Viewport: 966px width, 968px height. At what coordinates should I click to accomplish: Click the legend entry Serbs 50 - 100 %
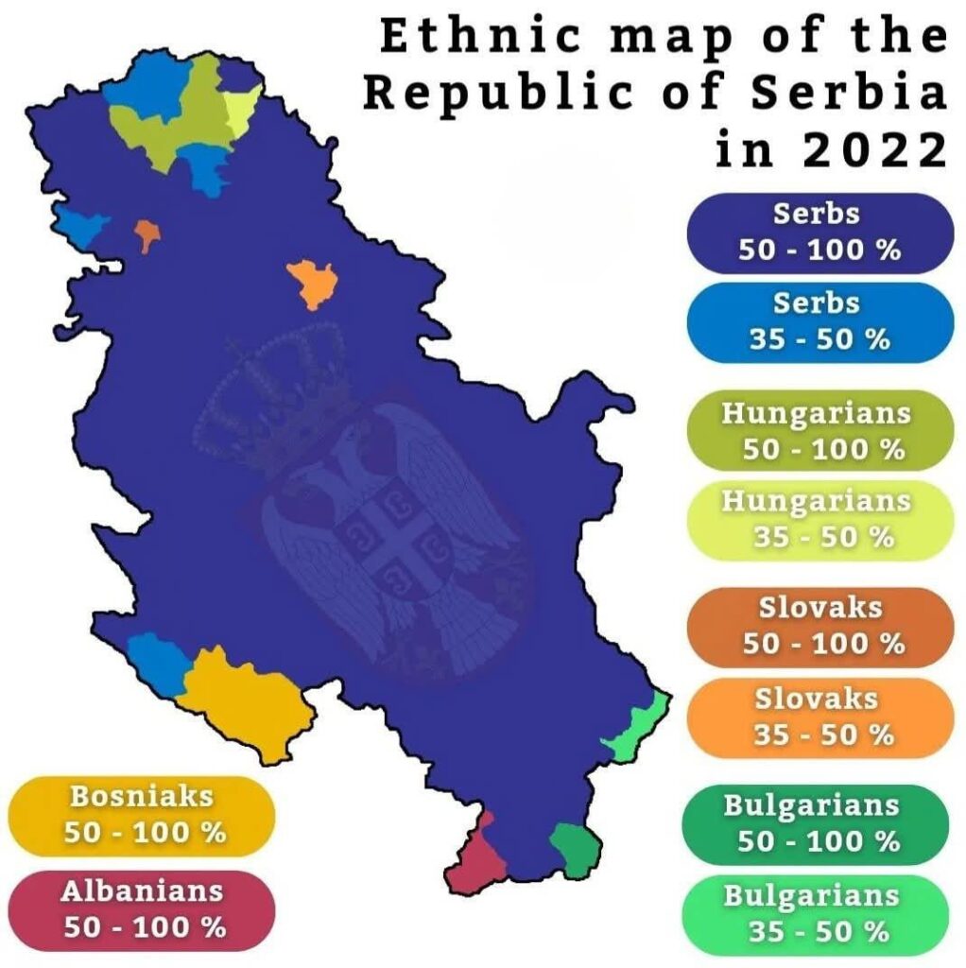click(819, 233)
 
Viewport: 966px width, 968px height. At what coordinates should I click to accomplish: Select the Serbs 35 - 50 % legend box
click(819, 321)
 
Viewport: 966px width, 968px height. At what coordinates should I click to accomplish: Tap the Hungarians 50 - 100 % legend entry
click(819, 431)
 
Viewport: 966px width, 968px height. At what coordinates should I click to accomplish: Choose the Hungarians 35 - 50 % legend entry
click(819, 519)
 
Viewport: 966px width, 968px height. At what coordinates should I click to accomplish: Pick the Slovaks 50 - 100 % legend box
click(819, 626)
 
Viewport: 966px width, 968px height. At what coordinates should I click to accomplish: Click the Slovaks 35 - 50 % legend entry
click(819, 717)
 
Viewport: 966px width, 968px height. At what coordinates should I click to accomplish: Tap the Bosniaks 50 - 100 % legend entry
click(142, 815)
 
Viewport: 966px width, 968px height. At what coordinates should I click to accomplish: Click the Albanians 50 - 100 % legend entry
click(142, 909)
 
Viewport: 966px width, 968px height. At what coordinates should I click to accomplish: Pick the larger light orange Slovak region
click(312, 282)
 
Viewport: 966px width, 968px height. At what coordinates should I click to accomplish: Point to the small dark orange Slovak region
click(147, 233)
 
